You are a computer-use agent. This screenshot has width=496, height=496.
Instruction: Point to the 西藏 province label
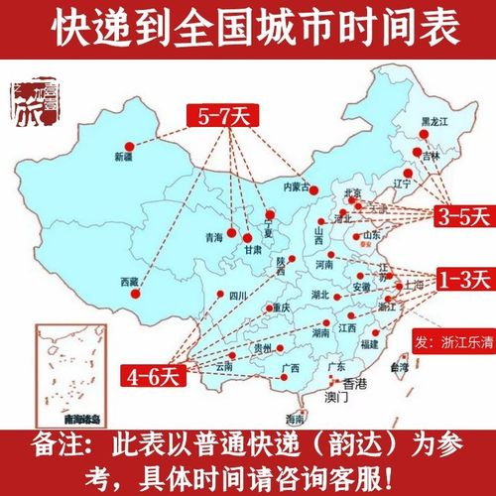point(128,283)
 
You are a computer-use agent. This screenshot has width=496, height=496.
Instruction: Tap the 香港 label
point(354,384)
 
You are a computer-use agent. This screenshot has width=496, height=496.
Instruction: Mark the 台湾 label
point(399,368)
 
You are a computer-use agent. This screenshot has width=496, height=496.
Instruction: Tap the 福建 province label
point(369,343)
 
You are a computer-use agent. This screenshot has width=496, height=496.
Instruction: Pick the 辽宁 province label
point(401,184)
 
